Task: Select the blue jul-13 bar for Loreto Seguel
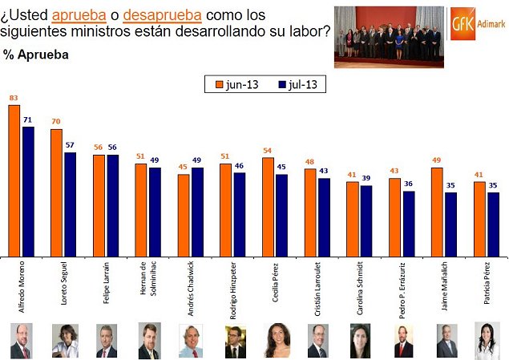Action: [x=71, y=204]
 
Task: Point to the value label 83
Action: [x=14, y=99]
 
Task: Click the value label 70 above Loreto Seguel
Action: [x=56, y=121]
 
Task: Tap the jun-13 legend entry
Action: [x=235, y=84]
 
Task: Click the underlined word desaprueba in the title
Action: [x=162, y=14]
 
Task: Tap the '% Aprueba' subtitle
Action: [x=36, y=55]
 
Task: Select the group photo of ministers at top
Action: [x=387, y=37]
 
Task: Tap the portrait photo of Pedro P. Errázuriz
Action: [x=403, y=340]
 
